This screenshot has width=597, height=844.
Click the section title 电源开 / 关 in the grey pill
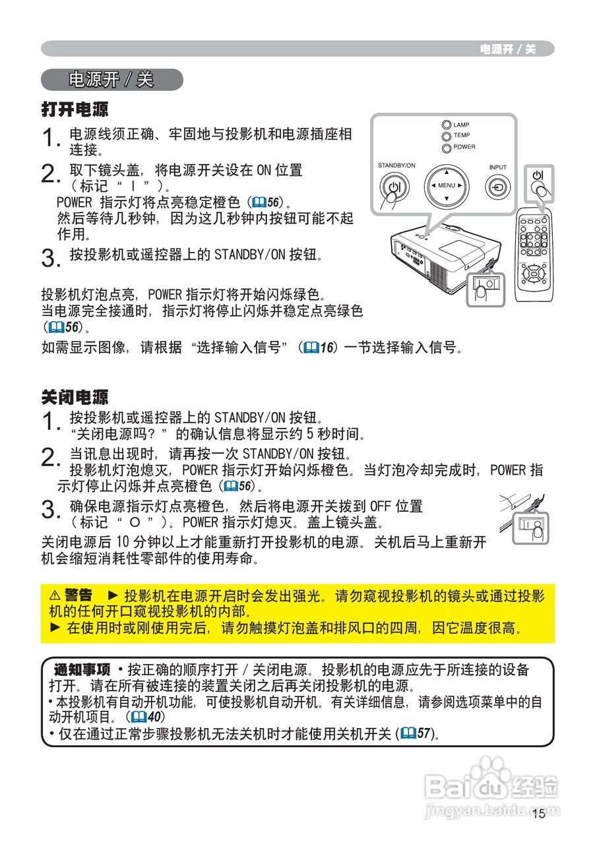coord(111,80)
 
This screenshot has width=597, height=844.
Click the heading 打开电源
coord(75,109)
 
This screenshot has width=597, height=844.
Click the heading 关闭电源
coord(75,397)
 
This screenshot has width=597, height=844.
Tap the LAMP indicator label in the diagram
coord(461,125)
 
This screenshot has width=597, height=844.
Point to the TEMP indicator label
coord(461,135)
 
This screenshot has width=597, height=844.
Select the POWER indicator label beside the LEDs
coord(464,147)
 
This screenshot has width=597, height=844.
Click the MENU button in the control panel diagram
coord(446,185)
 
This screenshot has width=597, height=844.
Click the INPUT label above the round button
coord(498,167)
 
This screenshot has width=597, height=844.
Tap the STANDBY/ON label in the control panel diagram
coord(396,165)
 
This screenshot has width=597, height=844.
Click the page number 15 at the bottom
coord(538,814)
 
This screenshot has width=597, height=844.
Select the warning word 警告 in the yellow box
coord(78,595)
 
